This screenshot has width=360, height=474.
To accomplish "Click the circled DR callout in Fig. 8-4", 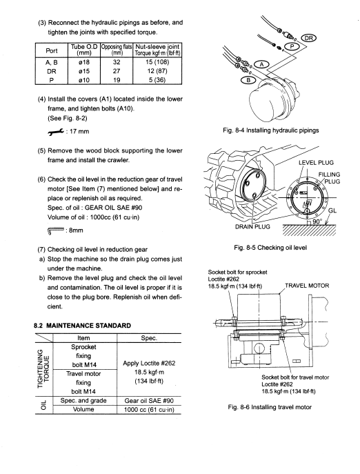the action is point(308,38).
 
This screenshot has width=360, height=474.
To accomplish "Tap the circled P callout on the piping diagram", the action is point(292,46).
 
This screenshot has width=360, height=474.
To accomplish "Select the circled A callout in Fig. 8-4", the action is point(262,64).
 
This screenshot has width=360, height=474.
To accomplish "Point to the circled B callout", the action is point(248,81).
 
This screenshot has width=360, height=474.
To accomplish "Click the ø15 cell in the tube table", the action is point(83,71).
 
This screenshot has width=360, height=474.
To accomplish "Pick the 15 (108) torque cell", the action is point(157,62).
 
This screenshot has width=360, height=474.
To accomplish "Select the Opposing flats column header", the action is point(117,50).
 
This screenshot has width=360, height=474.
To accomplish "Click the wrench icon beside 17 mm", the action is point(56,132).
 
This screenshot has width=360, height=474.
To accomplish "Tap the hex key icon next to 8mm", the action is point(56,230).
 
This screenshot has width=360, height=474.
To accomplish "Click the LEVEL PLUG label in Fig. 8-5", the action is point(316,163).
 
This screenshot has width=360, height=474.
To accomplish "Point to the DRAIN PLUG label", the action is point(252,227).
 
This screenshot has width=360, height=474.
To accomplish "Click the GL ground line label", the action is point(332,210).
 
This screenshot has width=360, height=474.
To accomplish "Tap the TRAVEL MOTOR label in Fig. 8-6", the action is point(307,286).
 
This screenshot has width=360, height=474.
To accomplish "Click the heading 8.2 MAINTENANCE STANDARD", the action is point(82,326).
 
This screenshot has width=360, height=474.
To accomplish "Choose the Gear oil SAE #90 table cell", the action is point(149,401).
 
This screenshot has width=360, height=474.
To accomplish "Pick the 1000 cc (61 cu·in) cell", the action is point(149,410).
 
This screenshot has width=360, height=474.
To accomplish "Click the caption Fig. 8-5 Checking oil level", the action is point(270,248).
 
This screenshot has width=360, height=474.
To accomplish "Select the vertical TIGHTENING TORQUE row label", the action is point(43,369).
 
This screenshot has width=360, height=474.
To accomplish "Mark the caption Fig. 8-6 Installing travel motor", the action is point(270,407).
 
